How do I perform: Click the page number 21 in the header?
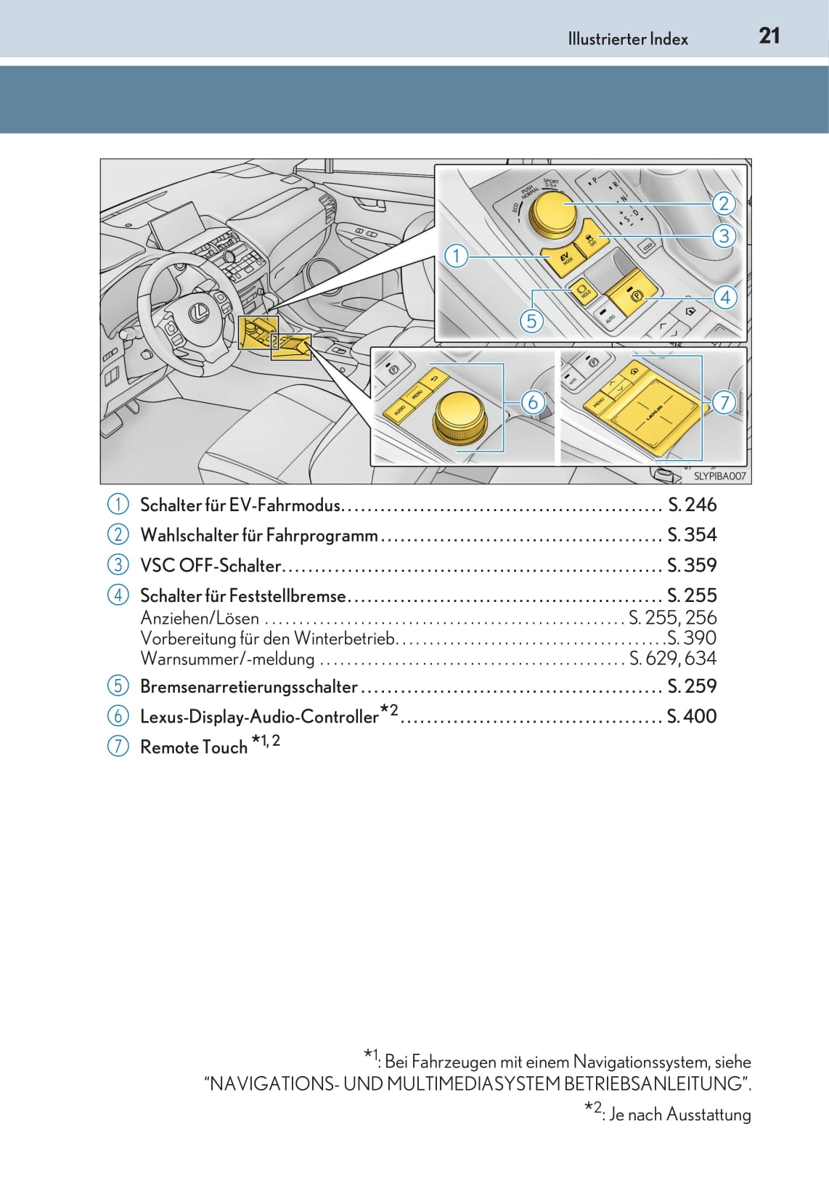[769, 36]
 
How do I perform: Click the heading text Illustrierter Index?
[628, 39]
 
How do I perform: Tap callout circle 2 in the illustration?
[723, 203]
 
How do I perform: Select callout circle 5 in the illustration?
[531, 320]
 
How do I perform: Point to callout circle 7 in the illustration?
[724, 402]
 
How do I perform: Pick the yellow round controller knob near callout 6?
[460, 414]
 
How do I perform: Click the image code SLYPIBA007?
[719, 476]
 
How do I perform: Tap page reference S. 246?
[692, 505]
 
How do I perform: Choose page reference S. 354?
[692, 535]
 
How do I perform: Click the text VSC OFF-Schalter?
[211, 566]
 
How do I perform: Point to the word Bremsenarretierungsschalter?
[248, 687]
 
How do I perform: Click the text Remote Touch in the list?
[194, 747]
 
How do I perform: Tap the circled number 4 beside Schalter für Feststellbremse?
[118, 595]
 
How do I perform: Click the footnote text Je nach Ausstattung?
[679, 1115]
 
